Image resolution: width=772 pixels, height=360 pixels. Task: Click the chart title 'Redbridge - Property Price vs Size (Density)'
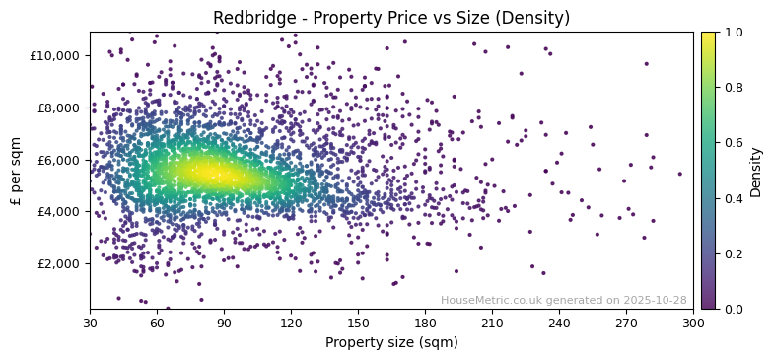pyautogui.click(x=391, y=18)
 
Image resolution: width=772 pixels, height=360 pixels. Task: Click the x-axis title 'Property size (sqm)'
pyautogui.click(x=391, y=343)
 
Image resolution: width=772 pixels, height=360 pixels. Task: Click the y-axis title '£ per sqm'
pyautogui.click(x=16, y=171)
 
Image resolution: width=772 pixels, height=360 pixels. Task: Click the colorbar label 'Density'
pyautogui.click(x=756, y=171)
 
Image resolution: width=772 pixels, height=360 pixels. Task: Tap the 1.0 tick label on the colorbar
pyautogui.click(x=734, y=33)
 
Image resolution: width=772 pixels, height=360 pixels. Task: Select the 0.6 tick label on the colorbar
pyautogui.click(x=734, y=143)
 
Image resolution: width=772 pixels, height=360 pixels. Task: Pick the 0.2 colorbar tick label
pyautogui.click(x=734, y=253)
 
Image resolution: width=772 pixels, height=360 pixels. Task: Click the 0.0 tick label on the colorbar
pyautogui.click(x=734, y=309)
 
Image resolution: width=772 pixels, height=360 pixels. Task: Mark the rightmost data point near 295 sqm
pyautogui.click(x=679, y=174)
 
